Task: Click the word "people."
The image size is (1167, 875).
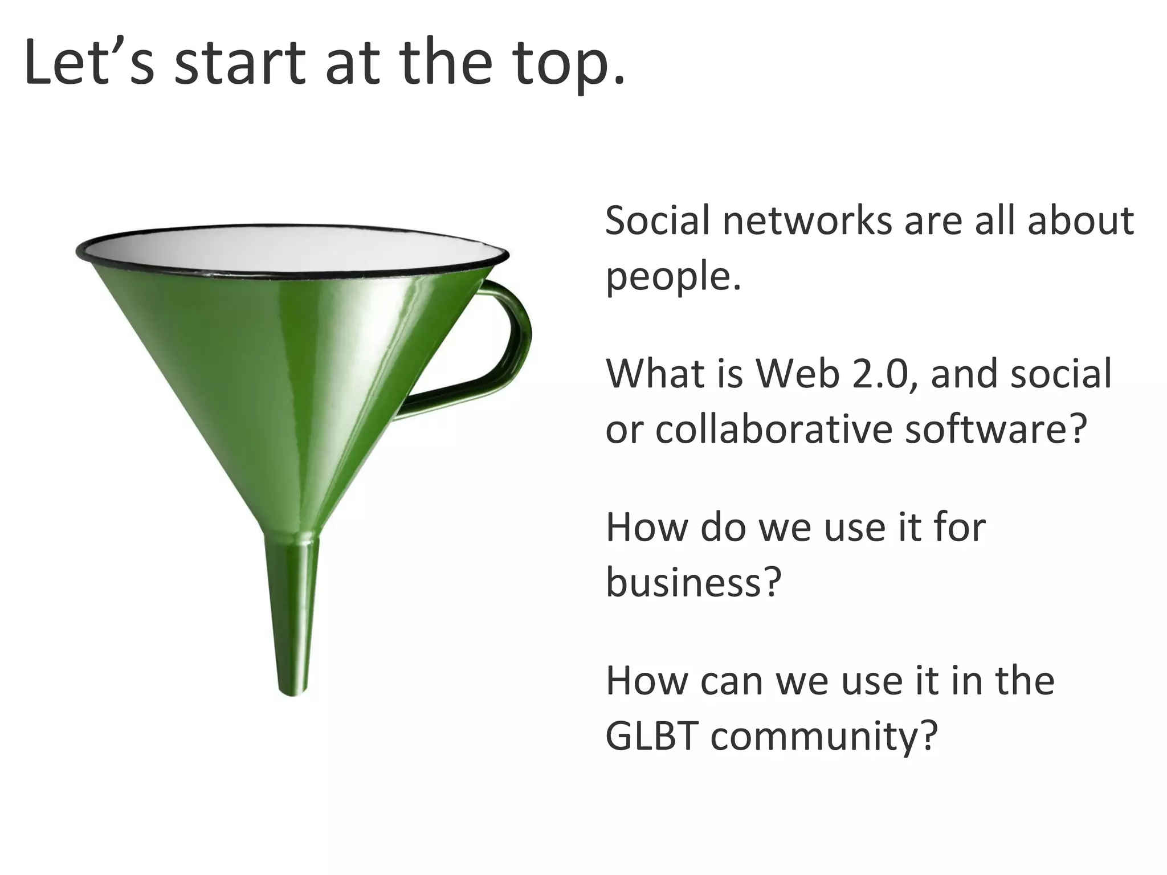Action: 673,277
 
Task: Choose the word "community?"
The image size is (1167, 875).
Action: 824,737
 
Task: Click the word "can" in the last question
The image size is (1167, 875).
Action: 731,682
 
